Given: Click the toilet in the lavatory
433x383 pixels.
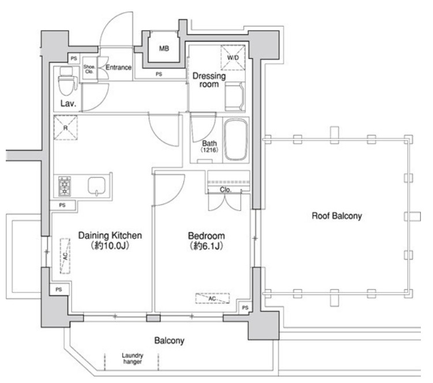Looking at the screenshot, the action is click(66, 81).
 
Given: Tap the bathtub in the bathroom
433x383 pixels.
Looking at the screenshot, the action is click(236, 140).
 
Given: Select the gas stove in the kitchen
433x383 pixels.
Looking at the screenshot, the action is click(65, 186).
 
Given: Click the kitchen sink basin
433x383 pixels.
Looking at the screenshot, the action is click(96, 186).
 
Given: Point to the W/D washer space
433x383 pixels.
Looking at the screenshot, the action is click(233, 58).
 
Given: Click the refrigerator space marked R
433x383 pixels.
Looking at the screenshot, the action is click(66, 127).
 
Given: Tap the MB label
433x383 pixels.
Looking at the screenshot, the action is click(164, 48).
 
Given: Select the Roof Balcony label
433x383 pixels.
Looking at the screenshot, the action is click(337, 216).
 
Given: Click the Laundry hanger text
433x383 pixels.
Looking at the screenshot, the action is click(133, 358).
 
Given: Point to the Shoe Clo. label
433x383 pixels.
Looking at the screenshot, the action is click(89, 69).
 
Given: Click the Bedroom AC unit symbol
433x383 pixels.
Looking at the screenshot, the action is click(212, 298).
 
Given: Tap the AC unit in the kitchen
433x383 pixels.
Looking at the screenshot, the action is click(65, 256).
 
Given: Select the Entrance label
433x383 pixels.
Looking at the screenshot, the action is click(118, 67).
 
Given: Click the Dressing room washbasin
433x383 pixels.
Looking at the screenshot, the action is click(235, 96).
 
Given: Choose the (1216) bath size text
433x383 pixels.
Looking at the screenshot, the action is click(209, 150).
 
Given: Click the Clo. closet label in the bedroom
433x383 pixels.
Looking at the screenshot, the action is click(225, 190).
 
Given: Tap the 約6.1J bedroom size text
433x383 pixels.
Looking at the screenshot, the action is click(206, 246).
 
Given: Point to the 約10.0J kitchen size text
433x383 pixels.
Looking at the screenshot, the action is click(110, 245).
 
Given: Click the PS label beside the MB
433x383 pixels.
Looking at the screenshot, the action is click(159, 74).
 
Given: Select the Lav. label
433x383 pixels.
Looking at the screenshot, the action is click(68, 103).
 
